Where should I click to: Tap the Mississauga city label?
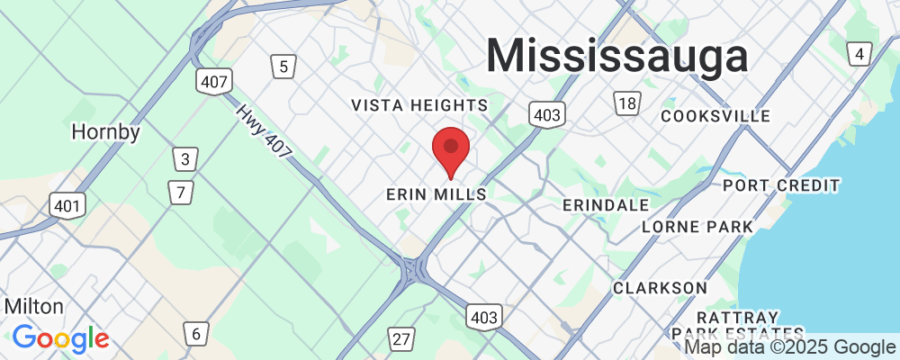pyautogui.click(x=617, y=57)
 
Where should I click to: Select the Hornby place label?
pyautogui.click(x=106, y=132)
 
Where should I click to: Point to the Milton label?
pyautogui.click(x=34, y=306)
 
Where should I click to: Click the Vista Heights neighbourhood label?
pyautogui.click(x=419, y=105)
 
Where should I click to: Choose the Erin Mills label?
pyautogui.click(x=436, y=194)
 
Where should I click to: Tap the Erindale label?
pyautogui.click(x=605, y=205)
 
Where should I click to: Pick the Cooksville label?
pyautogui.click(x=715, y=116)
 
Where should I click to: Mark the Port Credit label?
pyautogui.click(x=781, y=185)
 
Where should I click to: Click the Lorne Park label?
pyautogui.click(x=697, y=227)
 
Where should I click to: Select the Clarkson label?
pyautogui.click(x=660, y=287)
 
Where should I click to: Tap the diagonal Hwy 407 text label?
pyautogui.click(x=265, y=132)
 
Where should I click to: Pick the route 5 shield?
pyautogui.click(x=283, y=66)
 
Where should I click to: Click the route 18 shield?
pyautogui.click(x=626, y=103)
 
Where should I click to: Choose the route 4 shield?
pyautogui.click(x=860, y=55)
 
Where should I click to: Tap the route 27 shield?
pyautogui.click(x=401, y=338)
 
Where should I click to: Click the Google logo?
pyautogui.click(x=60, y=338)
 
